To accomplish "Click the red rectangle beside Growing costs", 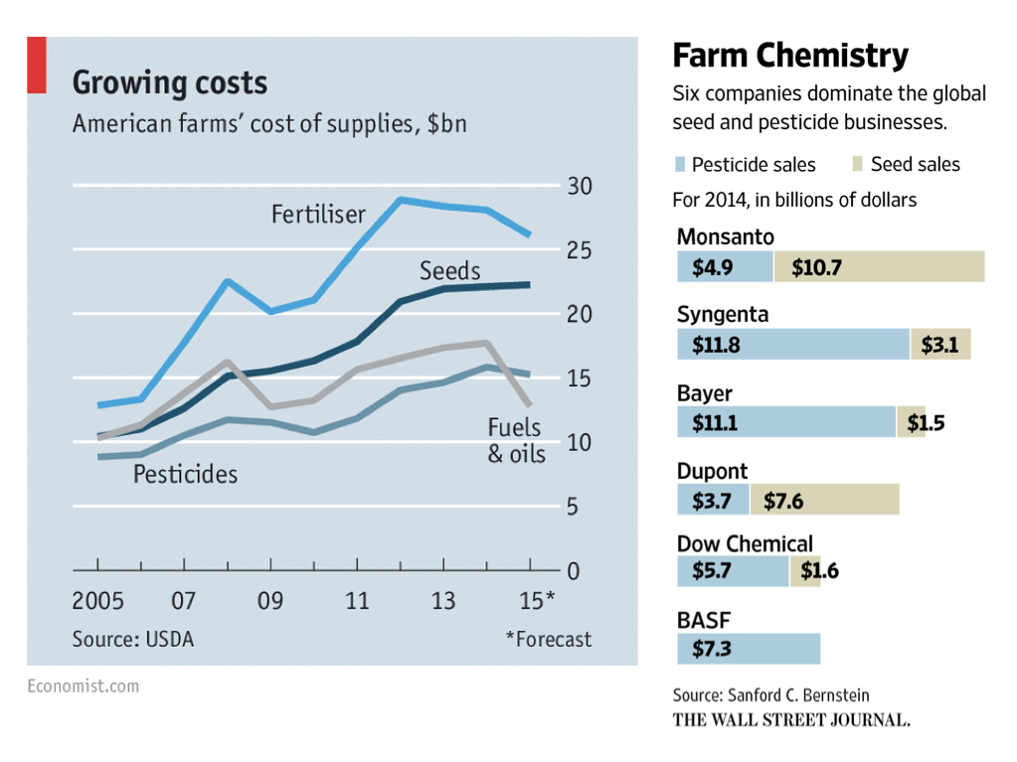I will pyautogui.click(x=36, y=65).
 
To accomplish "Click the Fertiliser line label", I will pyautogui.click(x=318, y=215).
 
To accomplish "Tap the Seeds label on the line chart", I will pyautogui.click(x=449, y=271).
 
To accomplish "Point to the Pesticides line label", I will pyautogui.click(x=185, y=474).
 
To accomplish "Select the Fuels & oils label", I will pyautogui.click(x=515, y=440).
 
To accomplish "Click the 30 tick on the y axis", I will pyautogui.click(x=579, y=187).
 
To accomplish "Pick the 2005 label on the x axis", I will pyautogui.click(x=97, y=601).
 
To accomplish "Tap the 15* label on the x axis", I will pyautogui.click(x=537, y=601).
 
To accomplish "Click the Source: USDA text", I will pyautogui.click(x=132, y=639).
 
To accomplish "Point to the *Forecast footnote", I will pyautogui.click(x=548, y=639).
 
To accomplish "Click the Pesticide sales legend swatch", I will pyautogui.click(x=680, y=164).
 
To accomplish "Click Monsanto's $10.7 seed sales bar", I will pyautogui.click(x=879, y=266).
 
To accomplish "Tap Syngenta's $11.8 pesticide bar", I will pyautogui.click(x=792, y=345).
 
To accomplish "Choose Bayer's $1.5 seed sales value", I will pyautogui.click(x=925, y=422).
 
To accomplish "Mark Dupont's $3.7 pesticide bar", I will pyautogui.click(x=712, y=500).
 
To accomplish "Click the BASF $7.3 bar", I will pyautogui.click(x=748, y=649).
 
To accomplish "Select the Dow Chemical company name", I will pyautogui.click(x=745, y=543).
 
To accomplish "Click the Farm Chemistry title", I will pyautogui.click(x=790, y=56).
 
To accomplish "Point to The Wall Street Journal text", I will pyautogui.click(x=791, y=719).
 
